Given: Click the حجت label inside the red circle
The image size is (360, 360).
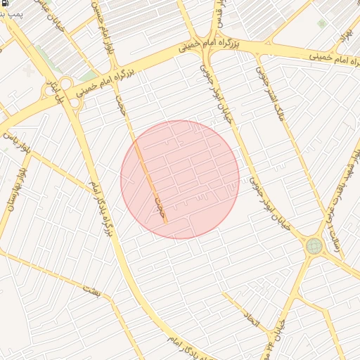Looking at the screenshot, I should pyautogui.click(x=159, y=205).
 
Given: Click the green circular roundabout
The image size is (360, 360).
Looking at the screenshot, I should pyautogui.click(x=314, y=245).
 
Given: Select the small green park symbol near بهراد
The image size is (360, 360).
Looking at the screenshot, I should pyautogui.click(x=321, y=23).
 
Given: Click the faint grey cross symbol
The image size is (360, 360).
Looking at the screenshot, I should pyautogui.click(x=29, y=71).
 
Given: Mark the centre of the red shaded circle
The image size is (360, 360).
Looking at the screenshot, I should pyautogui.click(x=180, y=179).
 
